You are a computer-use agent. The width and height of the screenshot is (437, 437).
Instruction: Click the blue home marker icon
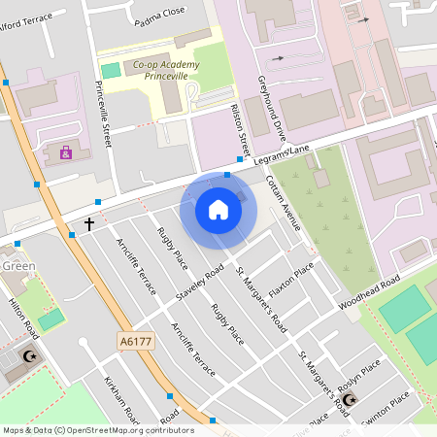tap(218, 209)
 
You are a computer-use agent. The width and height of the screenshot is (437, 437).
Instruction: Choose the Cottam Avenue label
tap(285, 202)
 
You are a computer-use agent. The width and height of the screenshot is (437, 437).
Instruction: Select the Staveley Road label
tap(199, 282)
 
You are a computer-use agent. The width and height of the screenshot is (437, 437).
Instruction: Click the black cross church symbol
tap(89, 224)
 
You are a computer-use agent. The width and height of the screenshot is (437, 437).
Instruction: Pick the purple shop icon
tap(66, 152)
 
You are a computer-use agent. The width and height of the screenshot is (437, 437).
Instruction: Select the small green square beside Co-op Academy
tap(112, 70)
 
